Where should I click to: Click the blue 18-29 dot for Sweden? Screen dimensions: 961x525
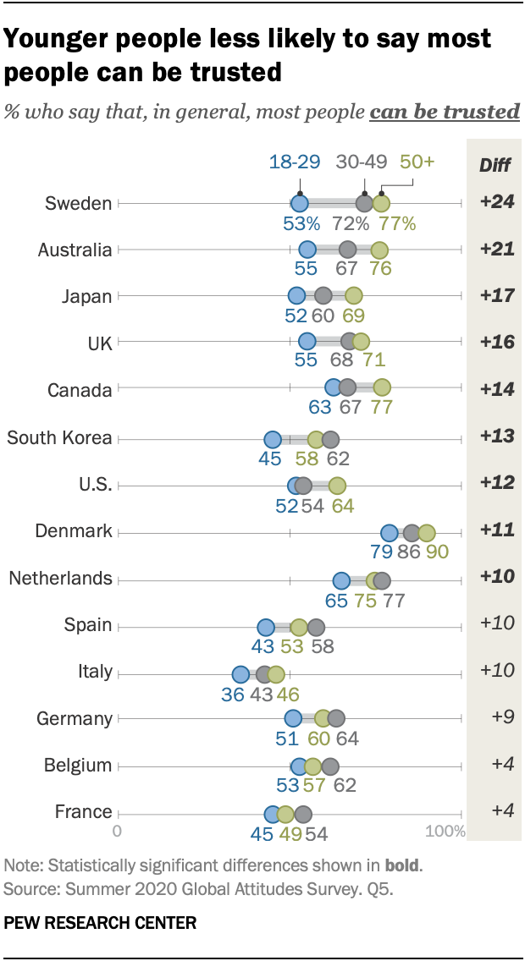pos(299,203)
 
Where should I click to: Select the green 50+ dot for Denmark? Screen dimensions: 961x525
pos(426,533)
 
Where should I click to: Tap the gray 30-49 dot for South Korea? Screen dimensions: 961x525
pos(330,439)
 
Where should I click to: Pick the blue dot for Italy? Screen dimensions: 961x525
pos(240,674)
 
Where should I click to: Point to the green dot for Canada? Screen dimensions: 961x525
pos(382,387)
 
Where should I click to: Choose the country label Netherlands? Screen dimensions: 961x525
pos(60,579)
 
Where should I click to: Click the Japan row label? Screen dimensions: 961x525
pos(87,296)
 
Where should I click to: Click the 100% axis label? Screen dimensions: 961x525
pos(445,831)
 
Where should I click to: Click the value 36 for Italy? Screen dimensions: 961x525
pos(232,694)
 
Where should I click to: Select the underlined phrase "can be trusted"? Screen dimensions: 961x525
pos(445,112)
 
